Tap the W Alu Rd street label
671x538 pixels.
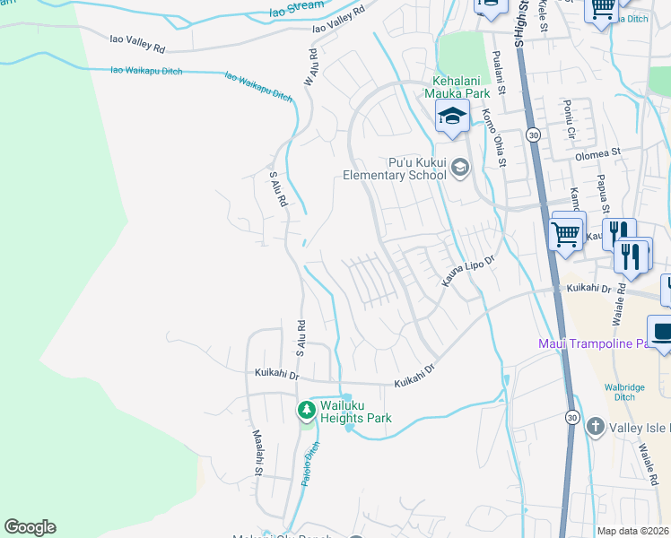click(310, 69)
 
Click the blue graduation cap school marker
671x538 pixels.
click(452, 116)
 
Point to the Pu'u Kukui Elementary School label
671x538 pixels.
click(395, 169)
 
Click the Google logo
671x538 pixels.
click(30, 527)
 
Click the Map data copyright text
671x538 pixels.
click(633, 531)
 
